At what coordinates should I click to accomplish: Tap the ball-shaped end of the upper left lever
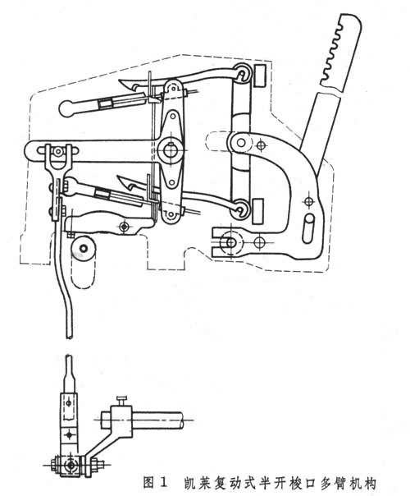pyautogui.click(x=66, y=108)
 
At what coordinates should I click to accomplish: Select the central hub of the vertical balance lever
pyautogui.click(x=171, y=149)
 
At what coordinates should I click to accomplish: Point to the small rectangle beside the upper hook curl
pyautogui.click(x=260, y=76)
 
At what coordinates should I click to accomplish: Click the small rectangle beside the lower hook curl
pyautogui.click(x=258, y=211)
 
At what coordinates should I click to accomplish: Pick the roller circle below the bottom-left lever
pyautogui.click(x=84, y=248)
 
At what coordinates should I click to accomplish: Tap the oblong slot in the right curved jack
pyautogui.click(x=308, y=228)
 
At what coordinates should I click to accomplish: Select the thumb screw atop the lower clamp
pyautogui.click(x=122, y=400)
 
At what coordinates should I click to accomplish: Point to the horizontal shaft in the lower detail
pyautogui.click(x=157, y=420)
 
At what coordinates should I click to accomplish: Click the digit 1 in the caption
pyautogui.click(x=164, y=484)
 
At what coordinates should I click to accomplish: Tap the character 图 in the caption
pyautogui.click(x=148, y=484)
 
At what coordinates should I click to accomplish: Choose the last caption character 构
pyautogui.click(x=370, y=484)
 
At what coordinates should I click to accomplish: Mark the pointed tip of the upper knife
pyautogui.click(x=120, y=80)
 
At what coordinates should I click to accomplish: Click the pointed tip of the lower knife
pyautogui.click(x=118, y=177)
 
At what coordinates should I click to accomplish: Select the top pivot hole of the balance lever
pyautogui.click(x=173, y=88)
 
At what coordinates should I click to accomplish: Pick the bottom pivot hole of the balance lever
pyautogui.click(x=171, y=214)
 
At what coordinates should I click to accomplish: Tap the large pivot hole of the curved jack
pyautogui.click(x=241, y=143)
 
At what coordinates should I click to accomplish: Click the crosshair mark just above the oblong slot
pyautogui.click(x=308, y=201)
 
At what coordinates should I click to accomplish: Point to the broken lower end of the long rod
pyautogui.click(x=70, y=337)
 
